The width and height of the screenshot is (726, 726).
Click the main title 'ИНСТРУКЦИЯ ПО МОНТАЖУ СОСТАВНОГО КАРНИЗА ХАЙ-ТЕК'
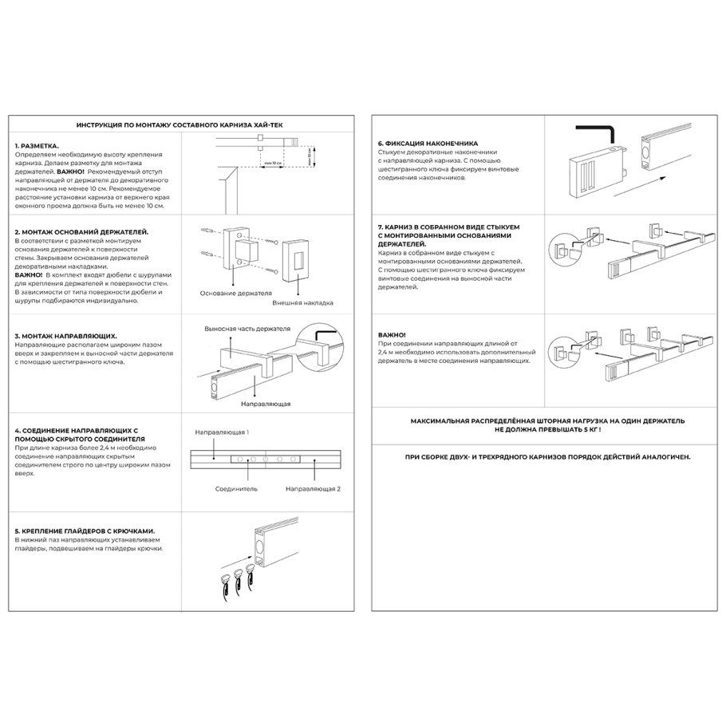point(180,125)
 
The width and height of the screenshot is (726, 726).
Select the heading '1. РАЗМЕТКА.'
point(37,147)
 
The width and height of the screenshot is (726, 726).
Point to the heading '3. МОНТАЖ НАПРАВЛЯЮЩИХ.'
point(66,336)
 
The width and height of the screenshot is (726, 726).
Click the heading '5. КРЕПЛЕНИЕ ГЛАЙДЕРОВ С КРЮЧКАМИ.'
point(85,530)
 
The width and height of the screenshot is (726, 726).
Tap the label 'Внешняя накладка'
point(302,303)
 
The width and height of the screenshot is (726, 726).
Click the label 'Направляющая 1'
point(223,432)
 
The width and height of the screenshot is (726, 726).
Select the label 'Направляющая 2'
point(314,487)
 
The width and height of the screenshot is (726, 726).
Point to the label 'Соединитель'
point(236,487)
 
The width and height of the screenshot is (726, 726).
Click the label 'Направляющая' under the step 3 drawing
point(266,404)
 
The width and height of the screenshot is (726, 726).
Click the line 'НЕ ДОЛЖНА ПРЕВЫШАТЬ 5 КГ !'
point(547,429)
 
